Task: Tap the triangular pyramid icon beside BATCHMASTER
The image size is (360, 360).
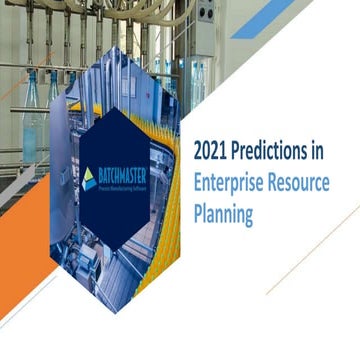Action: (89, 178)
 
